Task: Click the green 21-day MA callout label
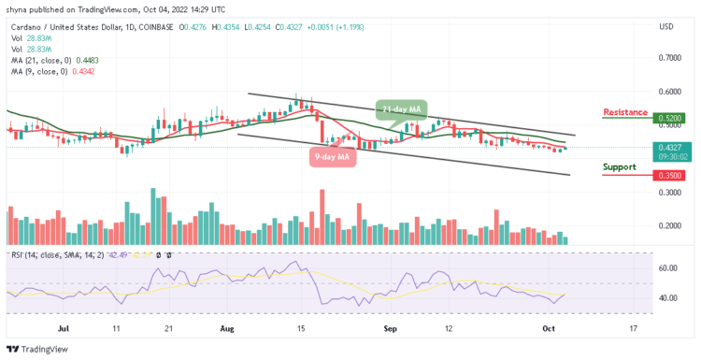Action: tap(401, 110)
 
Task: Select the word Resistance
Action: tap(625, 112)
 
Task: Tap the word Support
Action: tap(619, 166)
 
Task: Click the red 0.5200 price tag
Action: tap(669, 120)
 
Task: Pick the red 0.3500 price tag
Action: tap(669, 174)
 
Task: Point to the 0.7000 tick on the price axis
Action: tap(669, 58)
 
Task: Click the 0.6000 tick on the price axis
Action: tap(669, 92)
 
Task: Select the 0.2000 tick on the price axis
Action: tap(669, 226)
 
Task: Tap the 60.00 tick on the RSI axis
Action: tap(667, 267)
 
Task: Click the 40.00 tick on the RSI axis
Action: tap(667, 298)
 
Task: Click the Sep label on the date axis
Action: tap(390, 329)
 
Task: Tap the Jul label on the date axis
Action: tap(64, 329)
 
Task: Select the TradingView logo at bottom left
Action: tap(39, 349)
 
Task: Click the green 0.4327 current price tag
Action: tap(669, 147)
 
